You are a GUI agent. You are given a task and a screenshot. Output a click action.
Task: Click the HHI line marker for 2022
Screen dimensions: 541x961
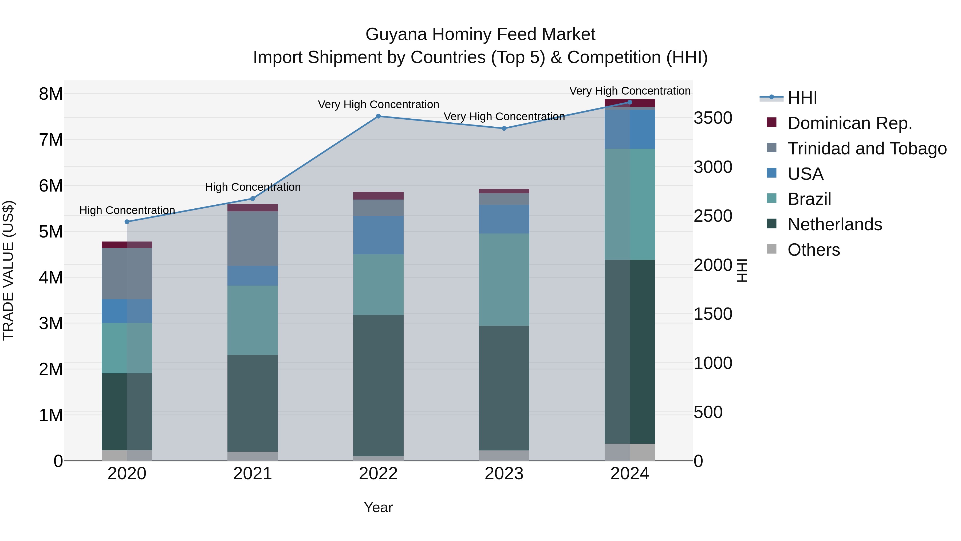(x=378, y=116)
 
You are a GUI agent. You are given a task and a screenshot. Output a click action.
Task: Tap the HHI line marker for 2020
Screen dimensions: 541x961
(x=127, y=222)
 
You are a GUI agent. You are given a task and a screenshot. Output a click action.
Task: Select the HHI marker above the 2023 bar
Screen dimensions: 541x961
(x=504, y=129)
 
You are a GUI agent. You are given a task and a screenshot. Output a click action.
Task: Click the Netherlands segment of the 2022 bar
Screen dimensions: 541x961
(x=378, y=385)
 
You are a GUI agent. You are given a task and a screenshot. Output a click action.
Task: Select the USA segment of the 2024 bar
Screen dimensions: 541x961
(x=630, y=129)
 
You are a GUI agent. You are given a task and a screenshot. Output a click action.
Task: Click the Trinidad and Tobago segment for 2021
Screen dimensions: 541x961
(x=253, y=239)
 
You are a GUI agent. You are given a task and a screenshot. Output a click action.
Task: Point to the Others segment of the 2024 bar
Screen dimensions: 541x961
(x=630, y=452)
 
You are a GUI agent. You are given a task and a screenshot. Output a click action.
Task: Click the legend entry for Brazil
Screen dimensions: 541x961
(x=809, y=199)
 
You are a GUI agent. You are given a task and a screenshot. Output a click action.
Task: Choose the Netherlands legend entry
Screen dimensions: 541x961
(x=834, y=224)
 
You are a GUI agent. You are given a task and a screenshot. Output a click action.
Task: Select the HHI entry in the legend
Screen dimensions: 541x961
(x=802, y=98)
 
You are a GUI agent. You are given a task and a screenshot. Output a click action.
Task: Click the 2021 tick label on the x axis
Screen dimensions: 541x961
(x=253, y=474)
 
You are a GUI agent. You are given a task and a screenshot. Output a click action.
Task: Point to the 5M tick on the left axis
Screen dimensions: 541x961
(x=51, y=231)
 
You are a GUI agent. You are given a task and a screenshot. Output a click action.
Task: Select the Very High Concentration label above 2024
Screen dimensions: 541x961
(x=630, y=91)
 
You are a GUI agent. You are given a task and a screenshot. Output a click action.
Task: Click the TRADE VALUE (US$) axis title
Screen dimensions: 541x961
(x=8, y=270)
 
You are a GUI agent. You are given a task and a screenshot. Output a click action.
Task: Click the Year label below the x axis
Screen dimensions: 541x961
(x=378, y=507)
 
